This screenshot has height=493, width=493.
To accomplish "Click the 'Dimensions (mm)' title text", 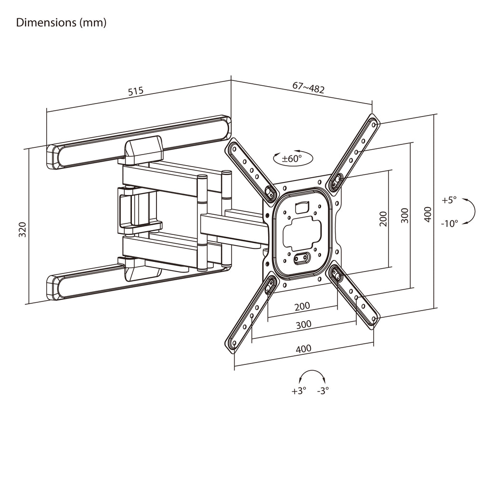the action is [61, 23].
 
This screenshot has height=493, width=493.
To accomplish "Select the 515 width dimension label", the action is [136, 91].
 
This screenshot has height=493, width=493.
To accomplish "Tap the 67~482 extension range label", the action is [308, 88].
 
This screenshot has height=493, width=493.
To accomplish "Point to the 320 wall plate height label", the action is [22, 229].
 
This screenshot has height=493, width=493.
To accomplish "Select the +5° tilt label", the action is [449, 200].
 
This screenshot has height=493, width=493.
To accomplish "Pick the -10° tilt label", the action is [450, 223].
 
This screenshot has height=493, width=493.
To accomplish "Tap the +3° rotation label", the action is [298, 390].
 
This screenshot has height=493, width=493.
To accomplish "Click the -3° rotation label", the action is [323, 390].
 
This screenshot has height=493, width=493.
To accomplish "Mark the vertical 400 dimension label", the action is [428, 214].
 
